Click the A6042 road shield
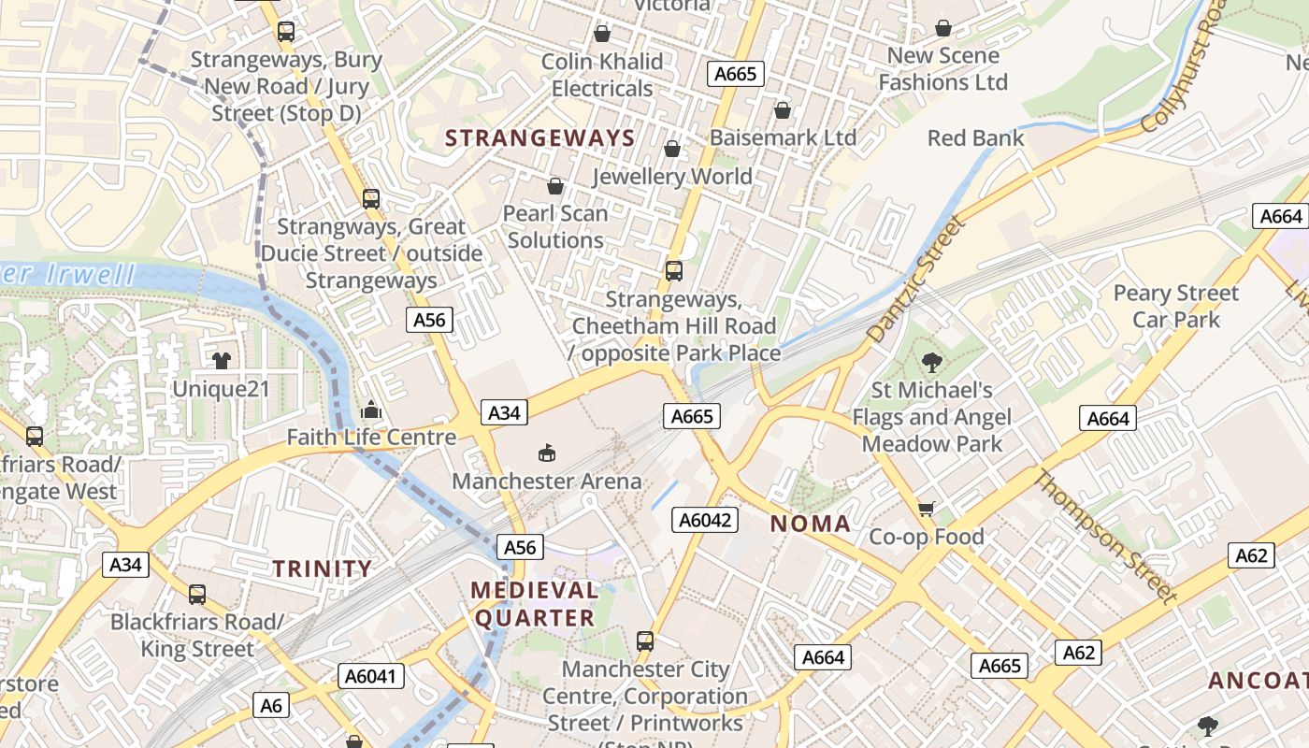705,520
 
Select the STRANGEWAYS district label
539,138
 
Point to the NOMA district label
811,524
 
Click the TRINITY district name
322,568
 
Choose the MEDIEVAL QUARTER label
535,604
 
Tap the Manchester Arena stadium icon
547,454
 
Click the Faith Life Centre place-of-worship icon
371,410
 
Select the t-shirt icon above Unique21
221,361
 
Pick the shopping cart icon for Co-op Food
926,509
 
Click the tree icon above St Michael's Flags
931,362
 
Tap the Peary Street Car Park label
1175,307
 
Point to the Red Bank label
975,138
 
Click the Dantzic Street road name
914,279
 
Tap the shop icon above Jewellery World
671,149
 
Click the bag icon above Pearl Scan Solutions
555,186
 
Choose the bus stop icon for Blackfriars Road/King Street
196,595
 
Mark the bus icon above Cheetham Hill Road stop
673,271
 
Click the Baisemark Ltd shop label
783,137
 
